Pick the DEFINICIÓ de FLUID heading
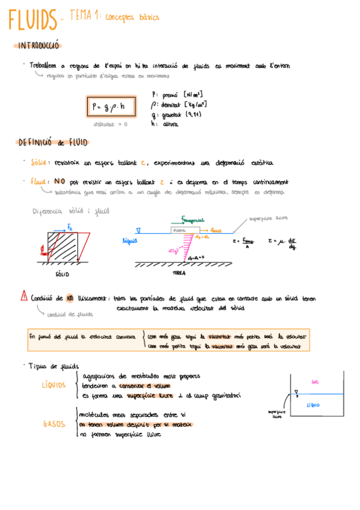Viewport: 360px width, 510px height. point(53,143)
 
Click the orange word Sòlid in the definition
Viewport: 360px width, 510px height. point(40,163)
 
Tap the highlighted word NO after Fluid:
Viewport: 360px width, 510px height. point(59,182)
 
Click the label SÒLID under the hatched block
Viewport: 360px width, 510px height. point(62,274)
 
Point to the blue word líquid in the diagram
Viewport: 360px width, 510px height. point(130,240)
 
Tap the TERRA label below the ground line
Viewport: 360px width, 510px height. point(178,272)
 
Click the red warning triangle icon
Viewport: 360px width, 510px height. point(23,296)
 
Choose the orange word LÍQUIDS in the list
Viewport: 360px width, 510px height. point(54,386)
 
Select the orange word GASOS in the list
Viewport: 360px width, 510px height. point(54,424)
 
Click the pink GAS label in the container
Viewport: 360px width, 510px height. point(314,382)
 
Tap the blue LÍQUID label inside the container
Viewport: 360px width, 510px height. point(313,405)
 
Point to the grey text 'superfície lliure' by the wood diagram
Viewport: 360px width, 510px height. point(265,220)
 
